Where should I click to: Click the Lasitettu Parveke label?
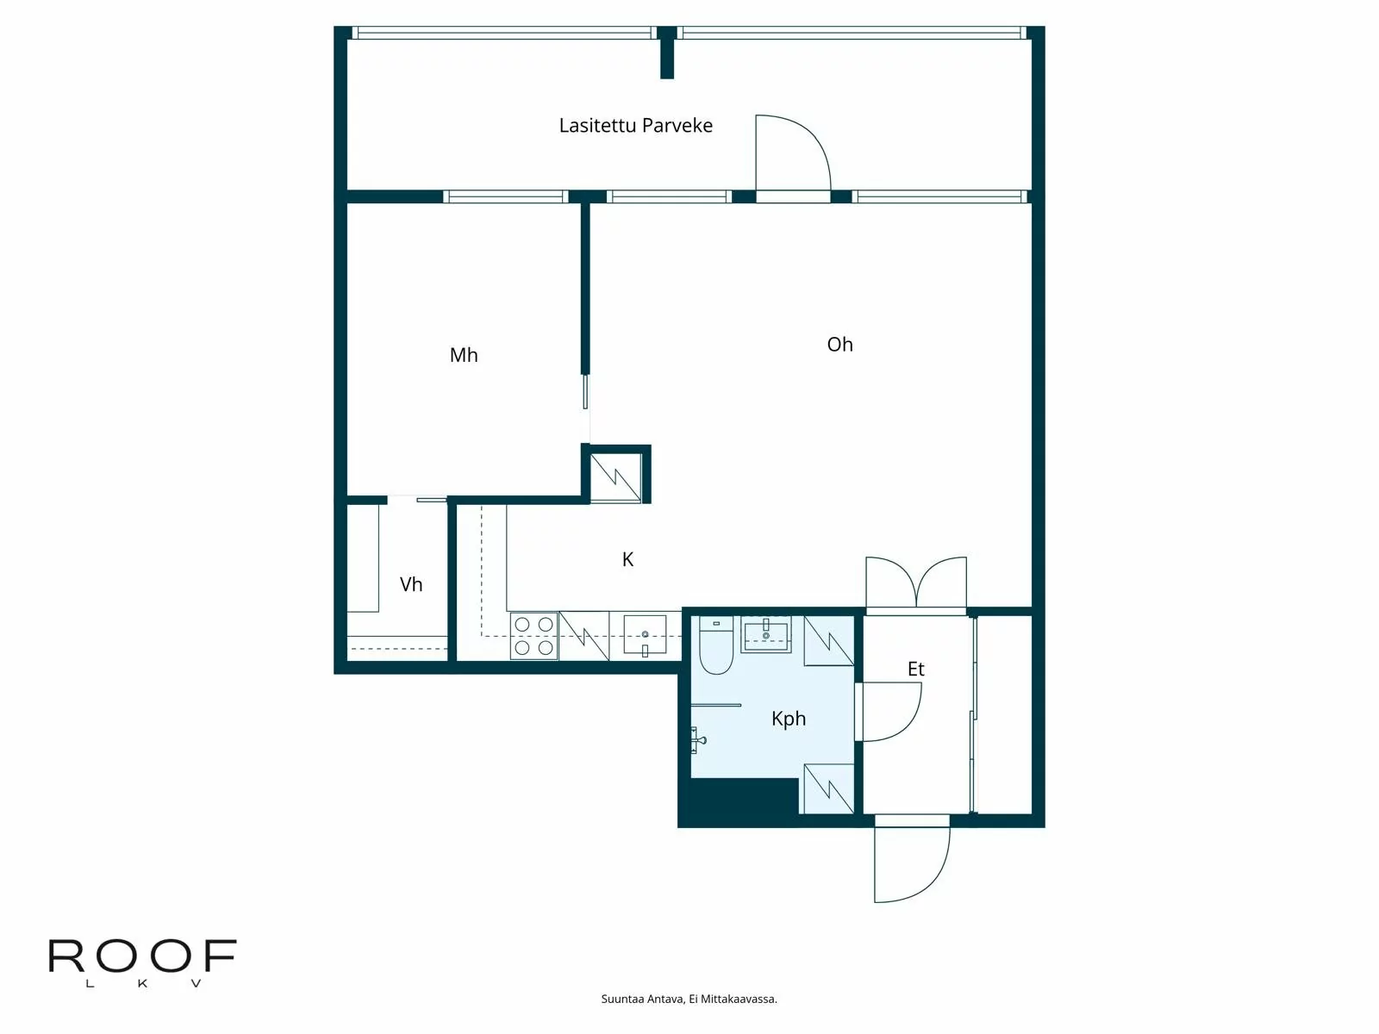point(635,126)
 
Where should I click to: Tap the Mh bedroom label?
point(463,355)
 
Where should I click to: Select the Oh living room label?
point(839,345)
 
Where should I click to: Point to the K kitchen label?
point(627,560)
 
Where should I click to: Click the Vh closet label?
point(411,585)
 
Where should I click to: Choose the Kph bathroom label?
point(788,719)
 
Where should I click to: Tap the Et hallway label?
point(915,670)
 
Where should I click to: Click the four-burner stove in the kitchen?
point(534,636)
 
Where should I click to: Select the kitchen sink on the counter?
point(645,636)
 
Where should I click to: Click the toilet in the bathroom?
point(715,646)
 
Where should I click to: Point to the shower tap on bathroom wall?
point(698,738)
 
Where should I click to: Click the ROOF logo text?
point(142,957)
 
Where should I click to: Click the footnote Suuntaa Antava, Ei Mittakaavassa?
point(689,1000)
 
